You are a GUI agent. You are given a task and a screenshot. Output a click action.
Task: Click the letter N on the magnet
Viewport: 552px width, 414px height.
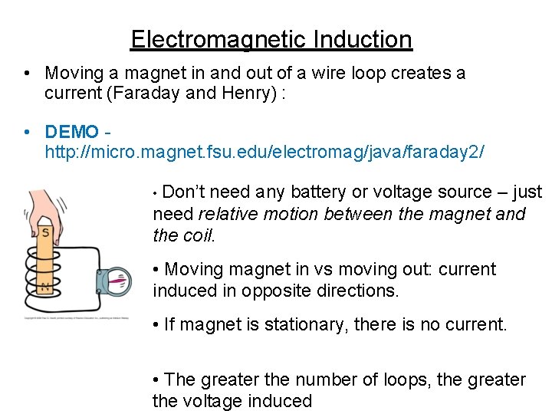[x=45, y=288]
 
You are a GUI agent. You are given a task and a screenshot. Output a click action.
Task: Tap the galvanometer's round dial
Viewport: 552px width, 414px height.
[x=118, y=280]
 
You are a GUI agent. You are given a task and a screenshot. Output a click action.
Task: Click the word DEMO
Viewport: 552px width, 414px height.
[x=71, y=132]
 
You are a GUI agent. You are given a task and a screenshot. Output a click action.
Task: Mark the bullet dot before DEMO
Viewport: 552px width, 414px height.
[x=26, y=132]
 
